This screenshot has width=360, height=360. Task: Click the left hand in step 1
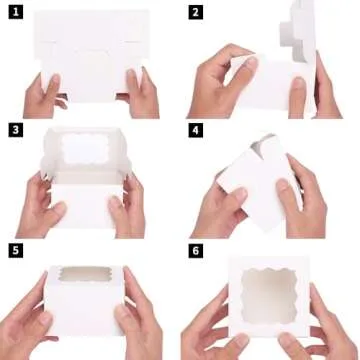(x=42, y=95)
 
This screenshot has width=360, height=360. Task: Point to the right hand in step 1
(x=140, y=93)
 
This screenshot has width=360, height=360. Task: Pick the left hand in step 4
(x=222, y=200)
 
